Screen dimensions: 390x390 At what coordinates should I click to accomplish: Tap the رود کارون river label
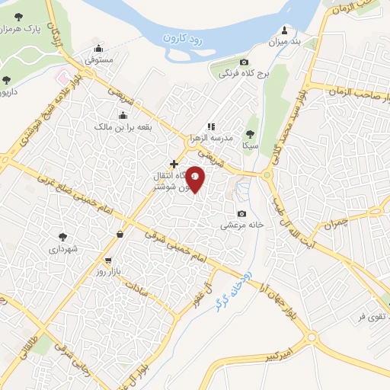189,36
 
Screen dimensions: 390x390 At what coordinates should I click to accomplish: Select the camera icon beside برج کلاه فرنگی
244,62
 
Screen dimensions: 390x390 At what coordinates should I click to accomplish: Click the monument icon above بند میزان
286,30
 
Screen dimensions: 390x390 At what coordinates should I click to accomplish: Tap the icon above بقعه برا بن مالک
123,116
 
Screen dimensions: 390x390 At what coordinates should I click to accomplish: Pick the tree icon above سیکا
251,133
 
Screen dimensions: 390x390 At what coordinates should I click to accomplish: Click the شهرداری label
64,248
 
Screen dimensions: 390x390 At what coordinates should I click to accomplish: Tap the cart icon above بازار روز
107,260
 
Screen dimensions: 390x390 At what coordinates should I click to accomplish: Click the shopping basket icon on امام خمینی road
120,235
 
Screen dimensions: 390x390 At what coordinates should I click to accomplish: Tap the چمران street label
339,225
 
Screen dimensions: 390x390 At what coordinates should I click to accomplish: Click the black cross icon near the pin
174,164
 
